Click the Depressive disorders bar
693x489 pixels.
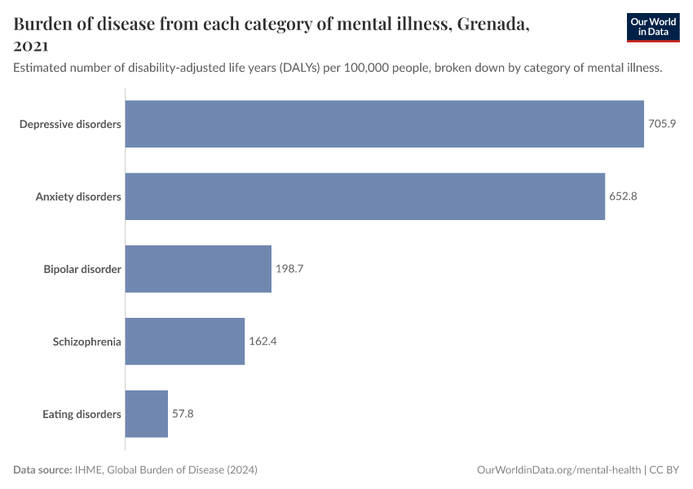click(384, 124)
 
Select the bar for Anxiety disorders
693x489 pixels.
click(364, 196)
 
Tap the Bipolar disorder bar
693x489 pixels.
click(198, 269)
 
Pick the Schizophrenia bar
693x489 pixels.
click(184, 341)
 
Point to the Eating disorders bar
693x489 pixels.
click(146, 414)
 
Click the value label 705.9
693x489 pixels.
click(663, 124)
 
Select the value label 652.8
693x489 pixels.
click(624, 196)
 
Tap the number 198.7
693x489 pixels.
click(289, 269)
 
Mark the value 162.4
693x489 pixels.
click(263, 341)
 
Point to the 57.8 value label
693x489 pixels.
click(183, 414)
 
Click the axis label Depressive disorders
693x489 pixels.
click(70, 124)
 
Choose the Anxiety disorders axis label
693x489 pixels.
click(78, 196)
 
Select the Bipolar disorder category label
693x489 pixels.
click(82, 269)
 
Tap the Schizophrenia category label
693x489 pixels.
click(86, 341)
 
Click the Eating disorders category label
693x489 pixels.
click(82, 414)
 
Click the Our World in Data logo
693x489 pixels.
click(652, 27)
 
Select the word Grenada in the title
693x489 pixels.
click(492, 24)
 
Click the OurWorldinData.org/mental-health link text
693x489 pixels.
click(558, 470)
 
